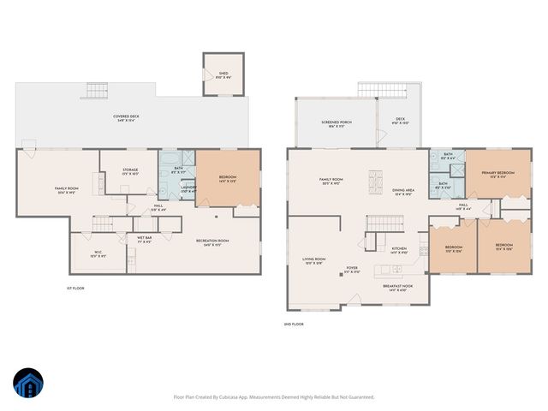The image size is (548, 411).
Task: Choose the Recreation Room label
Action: [212, 242]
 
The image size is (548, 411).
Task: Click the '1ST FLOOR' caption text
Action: [75, 288]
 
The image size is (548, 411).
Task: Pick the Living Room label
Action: [314, 260]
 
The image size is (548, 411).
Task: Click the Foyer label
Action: [352, 270]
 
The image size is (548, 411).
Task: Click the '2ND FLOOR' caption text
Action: [294, 325]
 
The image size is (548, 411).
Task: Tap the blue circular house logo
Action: [28, 384]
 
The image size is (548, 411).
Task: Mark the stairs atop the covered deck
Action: [96, 92]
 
